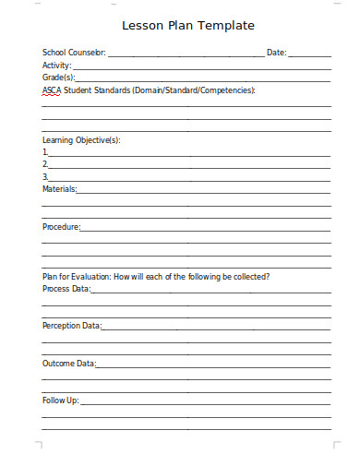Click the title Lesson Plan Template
[x=187, y=26]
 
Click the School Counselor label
[x=74, y=54]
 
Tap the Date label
[x=276, y=54]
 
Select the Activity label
[x=56, y=66]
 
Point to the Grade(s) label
[x=58, y=78]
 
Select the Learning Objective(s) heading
[x=81, y=140]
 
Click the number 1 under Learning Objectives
[x=44, y=152]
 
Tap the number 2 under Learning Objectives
[x=44, y=164]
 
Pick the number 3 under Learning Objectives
[x=44, y=176]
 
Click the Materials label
[x=59, y=189]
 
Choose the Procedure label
[x=61, y=226]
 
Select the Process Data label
[x=66, y=289]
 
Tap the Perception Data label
[x=71, y=326]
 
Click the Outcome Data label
[x=68, y=364]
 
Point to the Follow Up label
[x=61, y=400]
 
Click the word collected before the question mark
[x=247, y=277]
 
